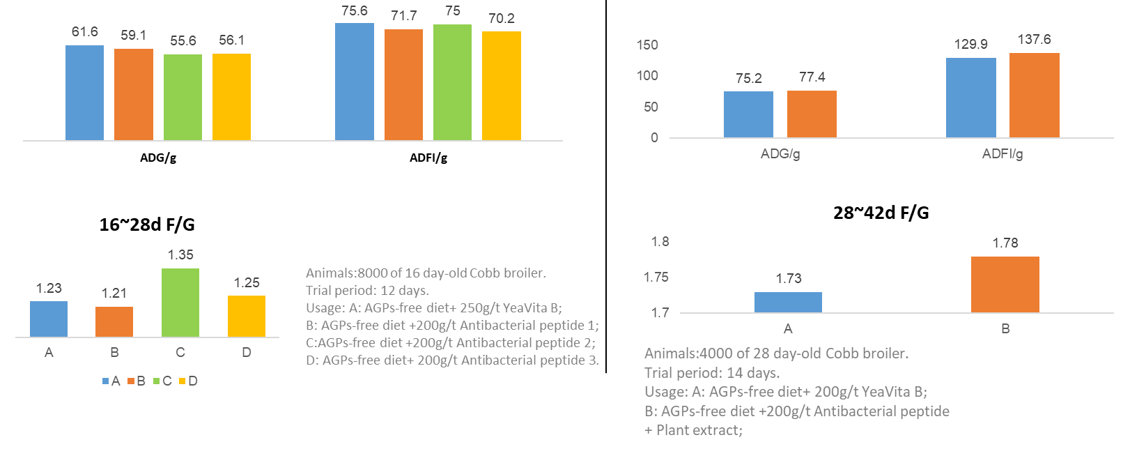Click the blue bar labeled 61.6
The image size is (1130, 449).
pyautogui.click(x=84, y=93)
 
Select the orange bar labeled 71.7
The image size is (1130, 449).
pyautogui.click(x=403, y=84)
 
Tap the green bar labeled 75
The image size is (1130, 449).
pyautogui.click(x=452, y=82)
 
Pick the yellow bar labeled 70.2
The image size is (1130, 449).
pyautogui.click(x=501, y=86)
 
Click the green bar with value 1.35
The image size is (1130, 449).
pyautogui.click(x=180, y=303)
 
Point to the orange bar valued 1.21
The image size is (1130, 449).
pyautogui.click(x=114, y=321)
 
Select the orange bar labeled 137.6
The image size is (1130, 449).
pyautogui.click(x=1034, y=96)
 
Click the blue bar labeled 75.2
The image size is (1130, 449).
pyautogui.click(x=748, y=114)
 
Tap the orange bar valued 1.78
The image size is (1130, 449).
pyautogui.click(x=1005, y=284)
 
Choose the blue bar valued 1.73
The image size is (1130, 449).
pyautogui.click(x=788, y=302)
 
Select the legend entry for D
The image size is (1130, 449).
pyautogui.click(x=188, y=381)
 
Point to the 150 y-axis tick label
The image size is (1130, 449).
pyautogui.click(x=647, y=45)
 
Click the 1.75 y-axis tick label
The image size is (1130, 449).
pyautogui.click(x=656, y=277)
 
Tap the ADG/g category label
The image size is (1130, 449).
pyautogui.click(x=780, y=154)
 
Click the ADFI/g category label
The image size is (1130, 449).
pyautogui.click(x=1002, y=154)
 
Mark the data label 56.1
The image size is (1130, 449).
pyautogui.click(x=231, y=40)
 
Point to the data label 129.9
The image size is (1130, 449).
pyautogui.click(x=970, y=45)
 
